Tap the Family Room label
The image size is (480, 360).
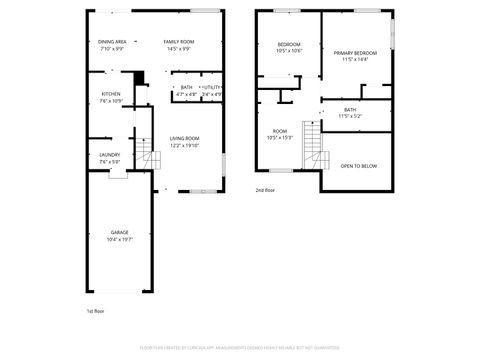point(178,41)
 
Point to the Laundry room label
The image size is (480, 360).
point(110,154)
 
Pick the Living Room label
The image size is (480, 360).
point(184,138)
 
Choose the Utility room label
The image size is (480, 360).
point(210,87)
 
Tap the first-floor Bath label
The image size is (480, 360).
point(186,87)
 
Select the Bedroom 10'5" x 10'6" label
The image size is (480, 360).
point(288,45)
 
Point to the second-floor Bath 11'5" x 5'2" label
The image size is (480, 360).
point(350,110)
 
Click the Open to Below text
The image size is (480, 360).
point(359,166)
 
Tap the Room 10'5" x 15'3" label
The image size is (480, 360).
point(280,131)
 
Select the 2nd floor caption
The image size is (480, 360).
point(264,190)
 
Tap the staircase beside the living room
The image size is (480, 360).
point(152,157)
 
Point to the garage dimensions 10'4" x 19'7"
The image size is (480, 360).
point(119,240)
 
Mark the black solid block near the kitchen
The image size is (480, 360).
point(140,78)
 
